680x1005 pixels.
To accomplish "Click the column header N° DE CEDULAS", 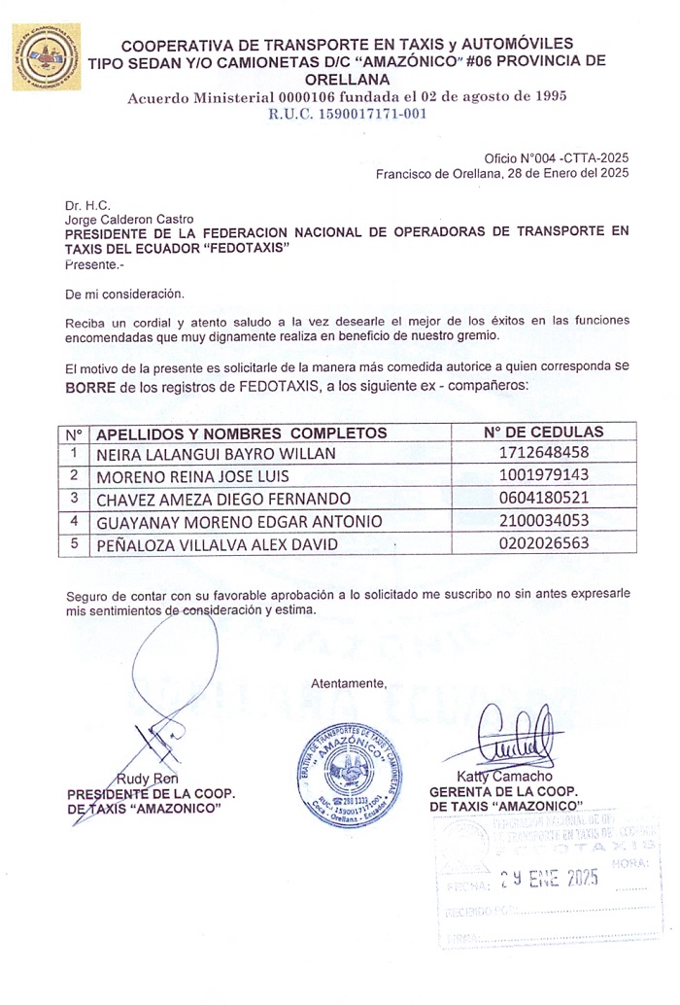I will (x=544, y=432).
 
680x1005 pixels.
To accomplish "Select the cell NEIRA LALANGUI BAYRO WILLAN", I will (x=217, y=454).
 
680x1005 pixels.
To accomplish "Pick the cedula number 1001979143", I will (x=544, y=476).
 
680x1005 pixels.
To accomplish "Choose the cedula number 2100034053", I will (x=544, y=521).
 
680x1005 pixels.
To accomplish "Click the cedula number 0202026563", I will (x=544, y=543).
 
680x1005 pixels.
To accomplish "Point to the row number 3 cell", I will (x=74, y=498).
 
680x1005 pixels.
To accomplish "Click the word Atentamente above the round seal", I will (x=348, y=683).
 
